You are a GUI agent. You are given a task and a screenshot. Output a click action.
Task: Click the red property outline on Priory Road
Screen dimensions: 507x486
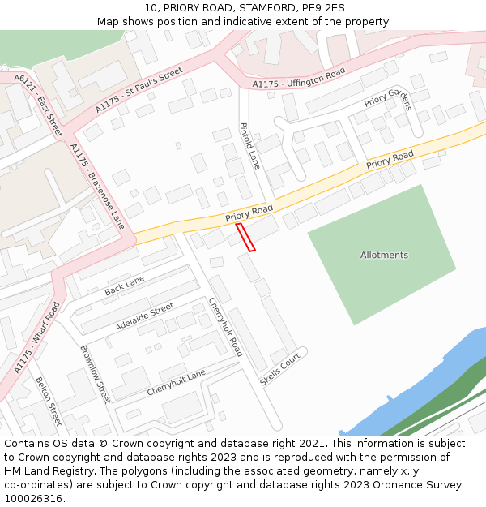(245, 237)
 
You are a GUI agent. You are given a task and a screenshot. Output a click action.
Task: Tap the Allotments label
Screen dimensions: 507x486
(384, 255)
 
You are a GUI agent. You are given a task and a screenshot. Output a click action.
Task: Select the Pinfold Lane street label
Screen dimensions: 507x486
(249, 146)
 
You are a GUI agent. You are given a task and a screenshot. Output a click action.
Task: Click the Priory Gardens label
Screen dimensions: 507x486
(388, 100)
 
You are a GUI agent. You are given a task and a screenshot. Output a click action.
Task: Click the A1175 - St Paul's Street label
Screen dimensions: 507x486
(139, 90)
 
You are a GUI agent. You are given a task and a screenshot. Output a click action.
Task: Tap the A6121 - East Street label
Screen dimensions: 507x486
(38, 104)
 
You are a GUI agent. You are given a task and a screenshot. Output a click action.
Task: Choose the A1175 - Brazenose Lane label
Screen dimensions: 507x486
(97, 186)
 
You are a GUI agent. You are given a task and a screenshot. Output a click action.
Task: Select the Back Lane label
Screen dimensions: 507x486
(124, 286)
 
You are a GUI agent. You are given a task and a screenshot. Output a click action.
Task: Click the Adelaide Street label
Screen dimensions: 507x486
(144, 316)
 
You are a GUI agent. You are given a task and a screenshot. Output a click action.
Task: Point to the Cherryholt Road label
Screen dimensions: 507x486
(226, 327)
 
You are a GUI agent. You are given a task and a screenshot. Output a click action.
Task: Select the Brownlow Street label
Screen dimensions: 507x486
(95, 375)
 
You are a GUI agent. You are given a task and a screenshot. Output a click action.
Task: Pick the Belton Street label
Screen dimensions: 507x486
(48, 402)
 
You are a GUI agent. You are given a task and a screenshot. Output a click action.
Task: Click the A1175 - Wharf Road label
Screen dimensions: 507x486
(37, 337)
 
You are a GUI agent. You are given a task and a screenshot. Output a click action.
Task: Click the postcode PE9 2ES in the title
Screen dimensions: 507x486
(322, 8)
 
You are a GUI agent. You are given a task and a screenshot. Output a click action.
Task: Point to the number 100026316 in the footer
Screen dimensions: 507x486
(32, 498)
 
